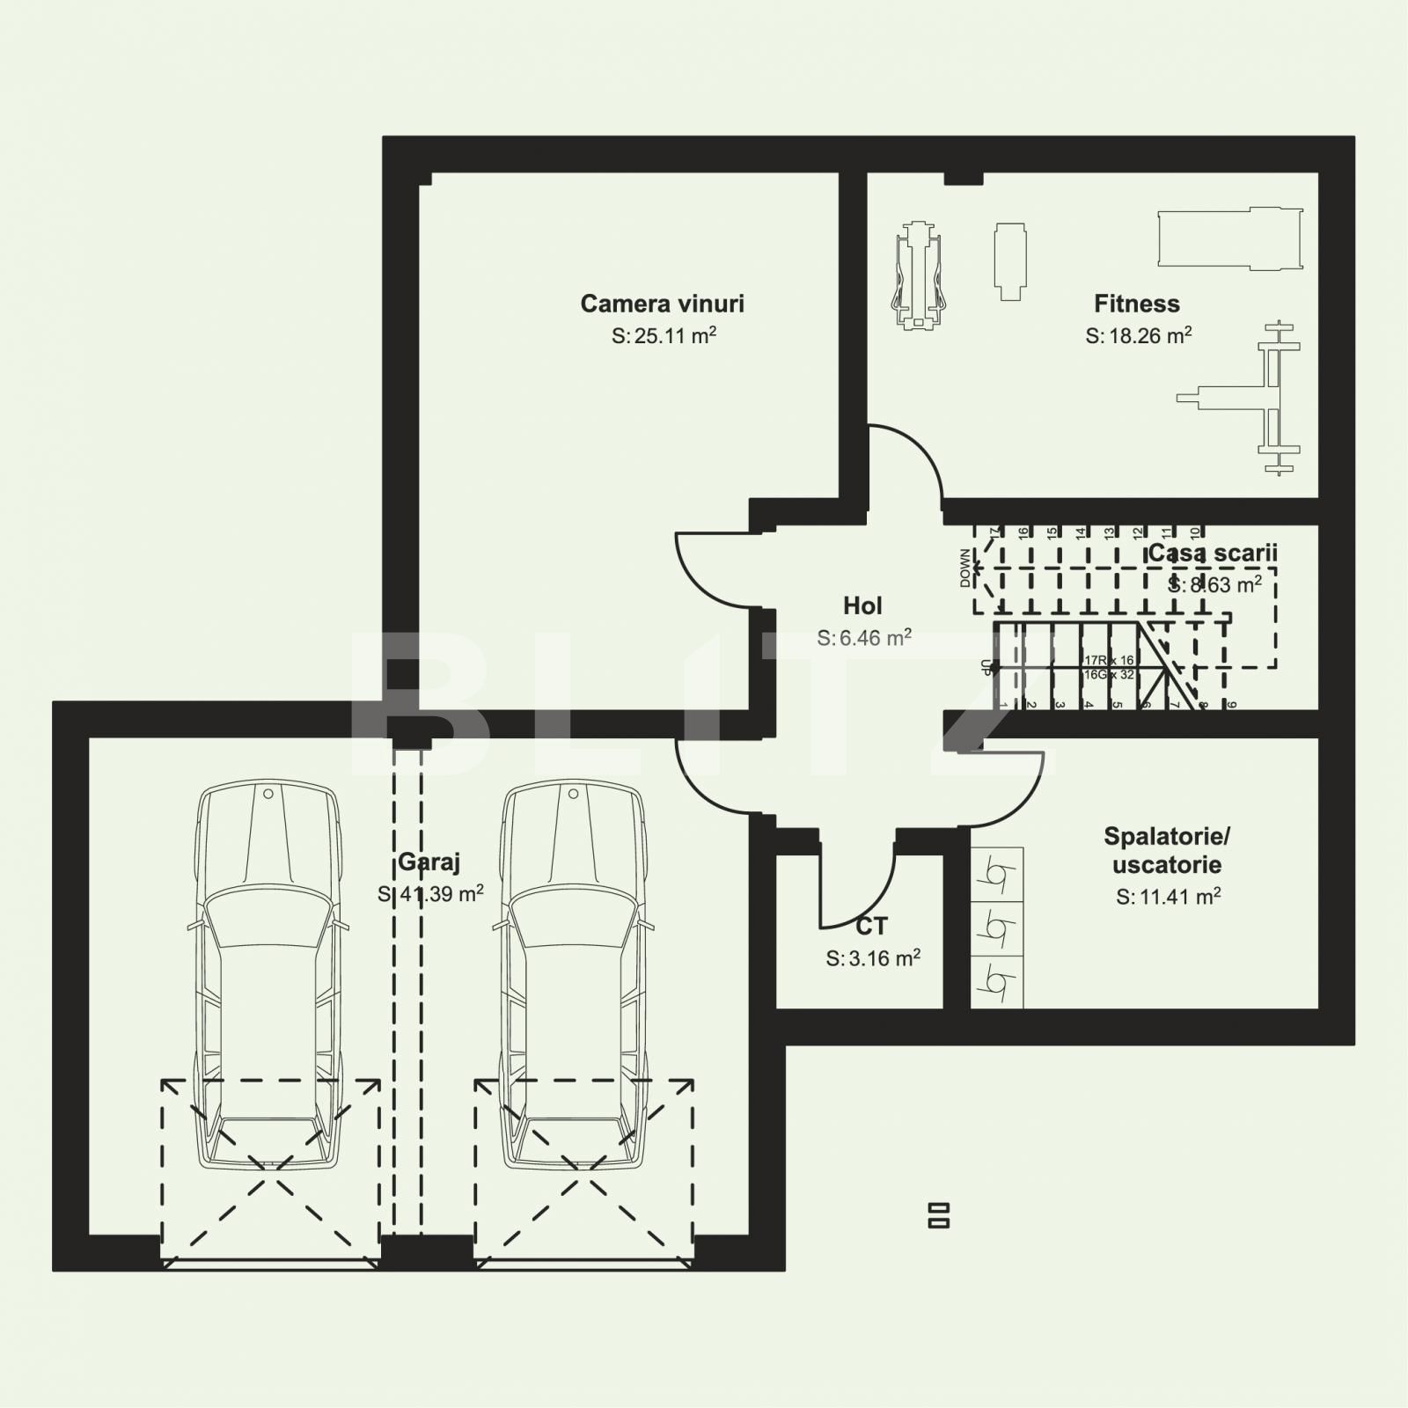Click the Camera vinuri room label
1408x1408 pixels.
point(662,304)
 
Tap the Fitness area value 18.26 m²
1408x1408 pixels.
point(1139,335)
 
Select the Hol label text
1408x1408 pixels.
point(862,605)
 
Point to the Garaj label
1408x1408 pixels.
point(429,862)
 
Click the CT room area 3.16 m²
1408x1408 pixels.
point(873,958)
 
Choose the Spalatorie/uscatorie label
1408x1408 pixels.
point(1167,849)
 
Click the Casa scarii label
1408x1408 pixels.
point(1212,554)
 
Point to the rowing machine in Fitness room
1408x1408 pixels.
point(918,275)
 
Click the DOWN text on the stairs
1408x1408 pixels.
point(965,568)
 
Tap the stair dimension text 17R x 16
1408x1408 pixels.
point(1109,659)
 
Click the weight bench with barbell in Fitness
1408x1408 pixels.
point(1250,399)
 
